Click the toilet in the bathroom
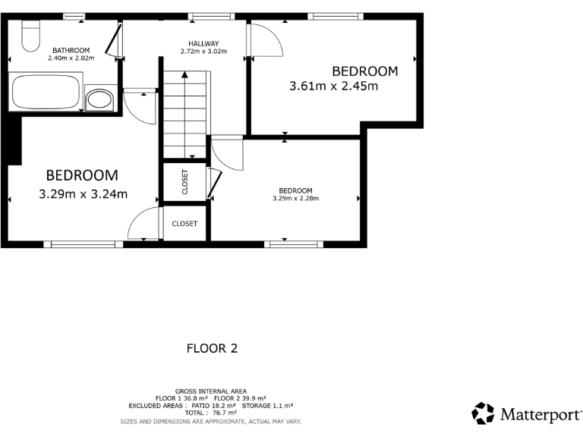30,36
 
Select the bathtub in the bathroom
46,91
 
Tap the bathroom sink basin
99,99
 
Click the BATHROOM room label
71,50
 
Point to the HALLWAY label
203,43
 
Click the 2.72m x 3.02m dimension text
203,52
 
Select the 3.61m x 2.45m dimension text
333,86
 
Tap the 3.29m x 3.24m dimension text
84,193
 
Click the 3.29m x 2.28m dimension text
295,199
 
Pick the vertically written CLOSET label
184,182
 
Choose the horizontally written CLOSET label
184,224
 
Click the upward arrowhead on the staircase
184,74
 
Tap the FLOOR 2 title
212,348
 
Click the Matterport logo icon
483,413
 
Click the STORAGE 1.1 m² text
267,406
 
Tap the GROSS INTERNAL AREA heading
211,391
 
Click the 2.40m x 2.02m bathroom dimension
71,58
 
